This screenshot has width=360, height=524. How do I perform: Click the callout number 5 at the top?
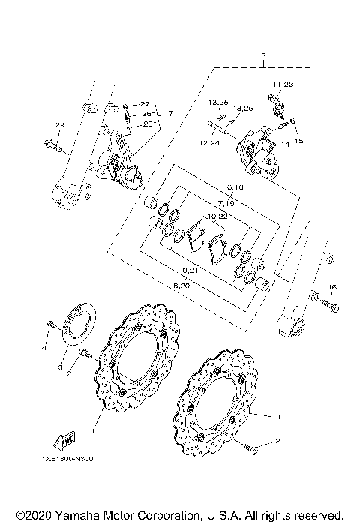click(x=263, y=57)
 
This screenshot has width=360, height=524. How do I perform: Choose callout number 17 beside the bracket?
click(x=168, y=113)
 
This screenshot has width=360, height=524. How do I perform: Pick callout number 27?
click(x=145, y=103)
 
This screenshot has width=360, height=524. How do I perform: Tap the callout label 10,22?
click(x=217, y=217)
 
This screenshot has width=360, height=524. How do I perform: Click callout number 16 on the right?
click(x=332, y=287)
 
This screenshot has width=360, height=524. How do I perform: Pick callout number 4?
click(x=44, y=349)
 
